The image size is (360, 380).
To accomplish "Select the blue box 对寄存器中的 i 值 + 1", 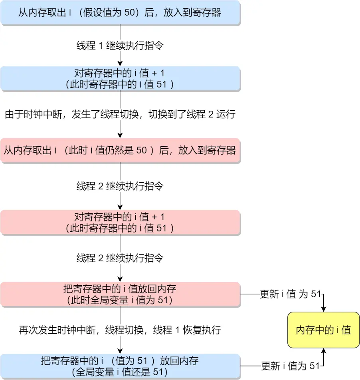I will coord(120,79).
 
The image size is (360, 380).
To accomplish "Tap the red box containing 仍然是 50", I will coord(120,150).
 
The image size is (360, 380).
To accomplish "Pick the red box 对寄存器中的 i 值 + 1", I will coord(120,223).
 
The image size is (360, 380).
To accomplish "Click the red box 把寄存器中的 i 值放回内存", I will coord(120,294).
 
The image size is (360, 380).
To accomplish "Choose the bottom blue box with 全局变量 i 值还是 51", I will coord(120,366).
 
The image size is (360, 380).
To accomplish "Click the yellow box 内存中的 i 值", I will coord(323,330).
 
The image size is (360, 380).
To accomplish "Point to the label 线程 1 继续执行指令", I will coord(120,46).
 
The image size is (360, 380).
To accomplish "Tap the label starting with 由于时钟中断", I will coord(120,115).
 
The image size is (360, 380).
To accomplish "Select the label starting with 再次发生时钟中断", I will coord(120,330).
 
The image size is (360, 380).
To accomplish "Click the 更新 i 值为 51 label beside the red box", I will coord(291,294).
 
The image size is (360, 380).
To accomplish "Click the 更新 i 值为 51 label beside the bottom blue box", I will coord(291,366).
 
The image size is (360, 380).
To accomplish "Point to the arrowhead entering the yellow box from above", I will coord(324,309).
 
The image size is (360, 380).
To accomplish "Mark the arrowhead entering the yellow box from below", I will coord(324,351).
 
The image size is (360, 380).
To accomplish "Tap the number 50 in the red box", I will coord(142,150).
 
